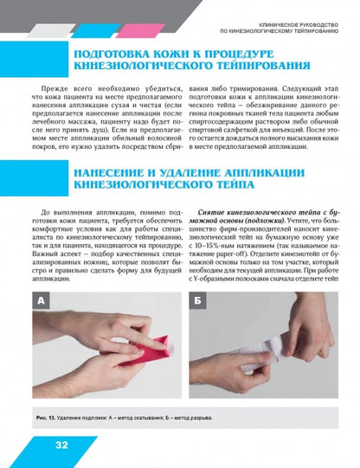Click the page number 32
click(61, 446)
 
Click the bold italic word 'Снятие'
click(213, 213)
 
